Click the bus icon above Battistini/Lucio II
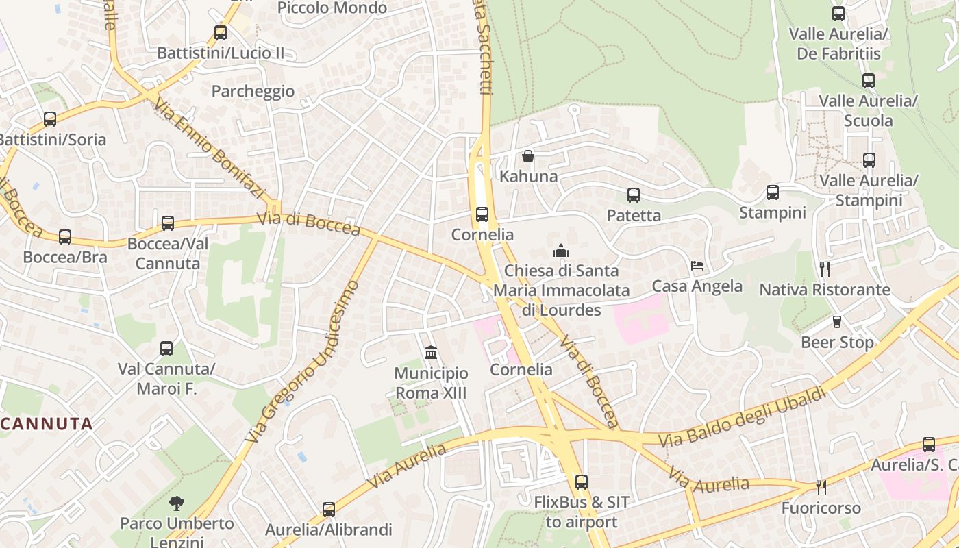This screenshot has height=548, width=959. click(221, 32)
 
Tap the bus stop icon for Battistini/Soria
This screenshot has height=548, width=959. click(50, 119)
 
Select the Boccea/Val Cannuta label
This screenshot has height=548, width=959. click(168, 253)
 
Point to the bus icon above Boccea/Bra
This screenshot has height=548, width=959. click(65, 237)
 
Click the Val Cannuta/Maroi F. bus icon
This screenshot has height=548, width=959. click(166, 349)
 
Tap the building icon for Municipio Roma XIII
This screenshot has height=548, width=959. click(431, 353)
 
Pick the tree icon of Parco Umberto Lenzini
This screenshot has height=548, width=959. click(177, 503)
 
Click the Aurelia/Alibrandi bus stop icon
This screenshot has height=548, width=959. click(329, 510)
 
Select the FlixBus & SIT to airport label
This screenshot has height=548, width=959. click(582, 512)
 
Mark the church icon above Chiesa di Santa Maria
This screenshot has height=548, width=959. click(561, 251)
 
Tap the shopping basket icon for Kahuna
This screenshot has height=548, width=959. click(528, 156)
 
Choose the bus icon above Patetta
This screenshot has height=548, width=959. click(634, 195)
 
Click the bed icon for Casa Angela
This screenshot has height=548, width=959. click(697, 266)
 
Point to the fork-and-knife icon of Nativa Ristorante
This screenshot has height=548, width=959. click(825, 269)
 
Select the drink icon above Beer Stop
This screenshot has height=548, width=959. click(837, 322)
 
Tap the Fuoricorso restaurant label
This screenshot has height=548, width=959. click(821, 508)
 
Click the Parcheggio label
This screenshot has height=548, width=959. click(253, 91)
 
